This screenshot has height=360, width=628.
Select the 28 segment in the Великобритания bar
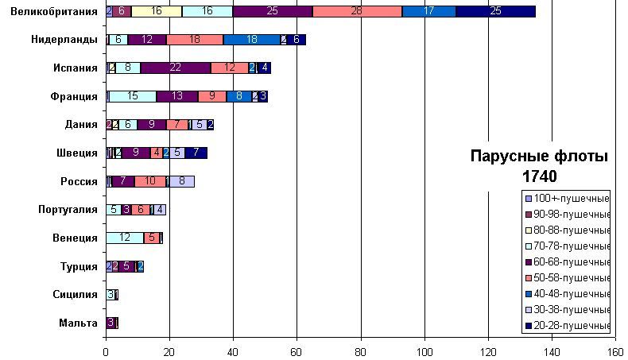pyautogui.click(x=357, y=11)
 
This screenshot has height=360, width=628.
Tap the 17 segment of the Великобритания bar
pyautogui.click(x=428, y=11)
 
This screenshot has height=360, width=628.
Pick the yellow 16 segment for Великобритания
pyautogui.click(x=156, y=11)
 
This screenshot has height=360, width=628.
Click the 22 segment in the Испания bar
pyautogui.click(x=175, y=68)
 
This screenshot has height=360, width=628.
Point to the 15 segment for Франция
pyautogui.click(x=132, y=96)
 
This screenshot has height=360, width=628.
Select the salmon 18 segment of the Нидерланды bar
pyautogui.click(x=195, y=39)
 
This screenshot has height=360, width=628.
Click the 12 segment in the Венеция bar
pyautogui.click(x=125, y=238)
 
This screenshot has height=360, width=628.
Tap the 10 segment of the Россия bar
pyautogui.click(x=150, y=181)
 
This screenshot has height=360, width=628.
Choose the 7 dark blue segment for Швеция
pyautogui.click(x=196, y=153)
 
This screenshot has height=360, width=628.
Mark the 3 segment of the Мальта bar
pyautogui.click(x=110, y=323)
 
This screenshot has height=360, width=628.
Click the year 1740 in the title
pyautogui.click(x=540, y=176)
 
